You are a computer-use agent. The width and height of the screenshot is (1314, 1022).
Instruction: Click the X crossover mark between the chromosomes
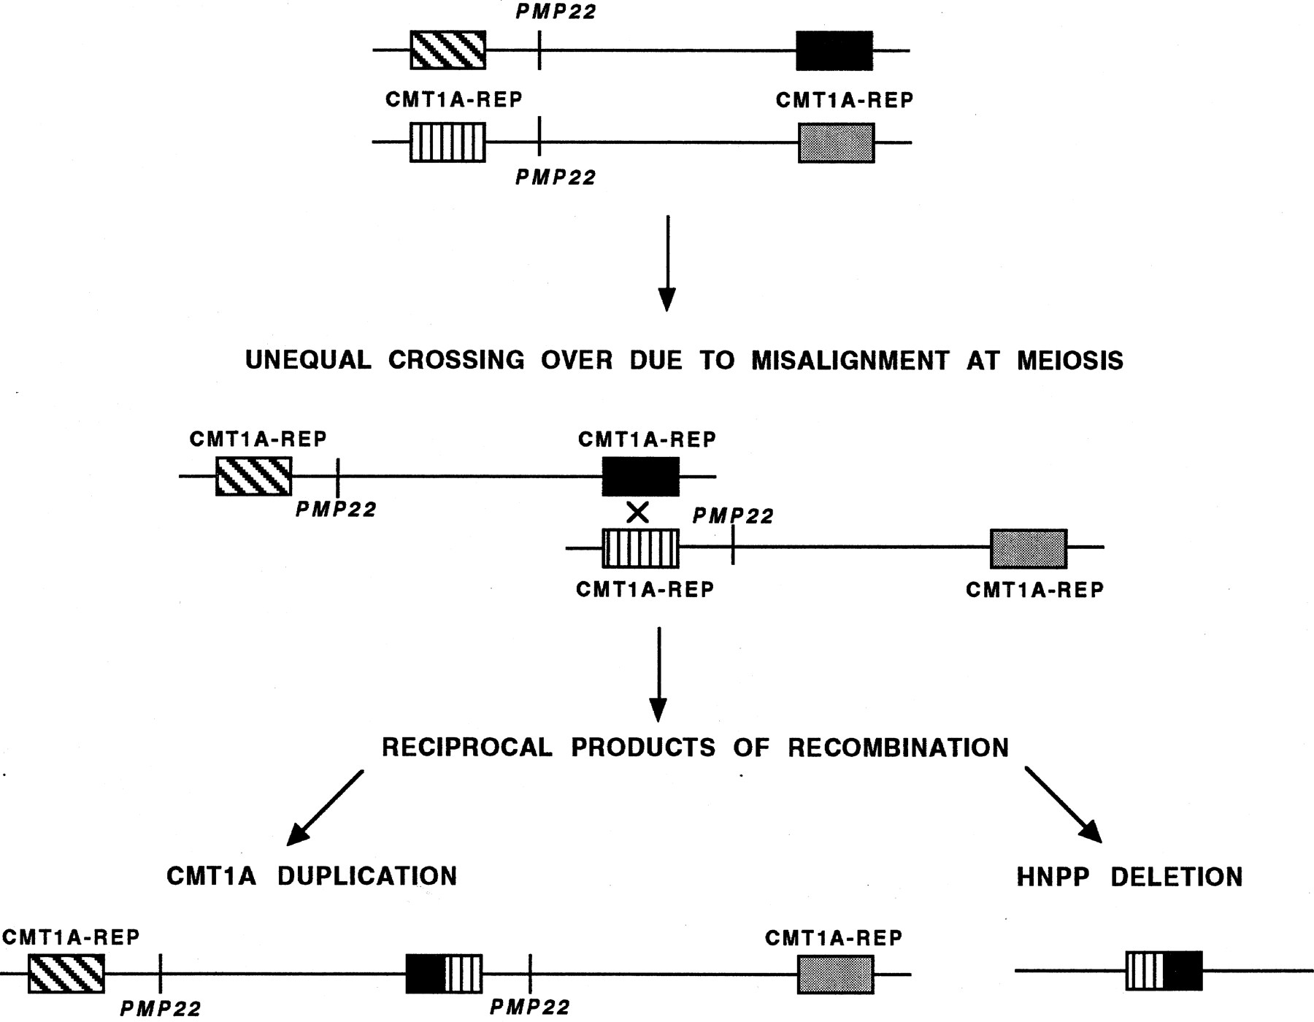(x=637, y=513)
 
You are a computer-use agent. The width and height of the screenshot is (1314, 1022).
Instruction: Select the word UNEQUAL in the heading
(x=307, y=361)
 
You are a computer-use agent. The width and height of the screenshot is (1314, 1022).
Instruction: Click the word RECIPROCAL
(x=466, y=748)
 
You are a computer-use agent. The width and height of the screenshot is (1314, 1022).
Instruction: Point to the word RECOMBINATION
(x=898, y=748)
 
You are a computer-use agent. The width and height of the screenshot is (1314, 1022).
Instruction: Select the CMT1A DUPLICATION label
(x=312, y=876)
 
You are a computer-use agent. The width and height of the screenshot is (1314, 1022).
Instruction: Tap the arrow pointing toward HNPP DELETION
(x=1063, y=805)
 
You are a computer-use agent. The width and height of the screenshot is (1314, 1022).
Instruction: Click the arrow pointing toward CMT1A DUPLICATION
(x=325, y=808)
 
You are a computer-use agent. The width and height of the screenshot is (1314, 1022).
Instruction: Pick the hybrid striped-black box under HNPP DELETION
(x=1164, y=970)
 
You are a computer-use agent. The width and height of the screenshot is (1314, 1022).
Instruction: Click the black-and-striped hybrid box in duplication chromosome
(x=444, y=974)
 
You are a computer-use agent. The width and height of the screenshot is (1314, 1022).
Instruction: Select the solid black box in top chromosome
(x=834, y=50)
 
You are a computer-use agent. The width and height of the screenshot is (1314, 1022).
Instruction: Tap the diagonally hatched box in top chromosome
(x=447, y=50)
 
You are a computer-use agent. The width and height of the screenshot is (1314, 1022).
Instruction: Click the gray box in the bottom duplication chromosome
(x=835, y=974)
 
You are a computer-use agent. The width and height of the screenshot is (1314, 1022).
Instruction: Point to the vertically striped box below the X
(x=640, y=549)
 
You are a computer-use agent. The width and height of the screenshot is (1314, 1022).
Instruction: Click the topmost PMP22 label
(x=556, y=12)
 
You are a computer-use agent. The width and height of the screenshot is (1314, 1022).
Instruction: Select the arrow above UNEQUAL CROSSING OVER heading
(x=666, y=263)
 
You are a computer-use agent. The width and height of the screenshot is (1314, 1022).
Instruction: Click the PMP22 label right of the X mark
(x=732, y=516)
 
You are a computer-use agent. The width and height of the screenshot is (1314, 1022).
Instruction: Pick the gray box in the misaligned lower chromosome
(x=1028, y=549)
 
